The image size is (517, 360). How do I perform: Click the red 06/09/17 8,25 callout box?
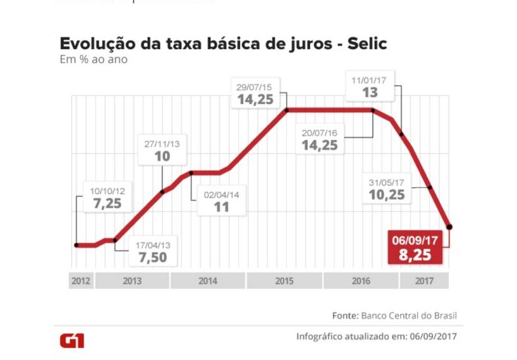(415, 248)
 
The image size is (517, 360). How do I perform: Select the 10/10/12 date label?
(107, 191)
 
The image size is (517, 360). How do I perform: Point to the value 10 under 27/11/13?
(162, 157)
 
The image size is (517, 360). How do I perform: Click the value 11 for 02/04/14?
(221, 207)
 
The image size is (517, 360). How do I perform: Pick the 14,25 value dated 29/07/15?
(258, 99)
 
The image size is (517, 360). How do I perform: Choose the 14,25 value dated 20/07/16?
(320, 145)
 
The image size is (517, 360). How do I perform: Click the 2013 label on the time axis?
(132, 281)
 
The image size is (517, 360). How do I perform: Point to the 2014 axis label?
(208, 281)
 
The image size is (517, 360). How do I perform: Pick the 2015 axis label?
(284, 281)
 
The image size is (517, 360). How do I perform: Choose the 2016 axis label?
(360, 281)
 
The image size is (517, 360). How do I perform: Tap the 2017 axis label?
(423, 281)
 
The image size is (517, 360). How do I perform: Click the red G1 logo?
(71, 340)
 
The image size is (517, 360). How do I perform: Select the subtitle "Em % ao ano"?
(94, 61)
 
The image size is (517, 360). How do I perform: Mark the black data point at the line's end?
(449, 226)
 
